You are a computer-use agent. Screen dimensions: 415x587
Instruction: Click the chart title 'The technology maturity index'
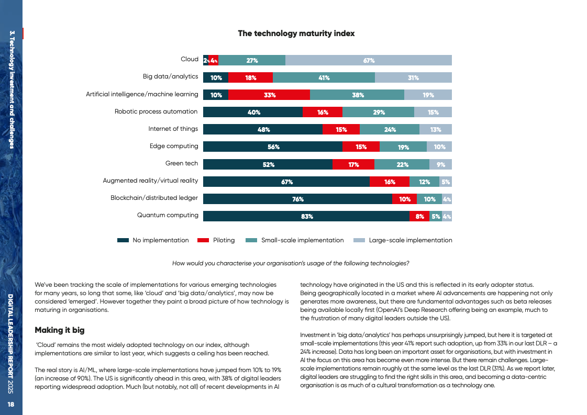click(x=296, y=33)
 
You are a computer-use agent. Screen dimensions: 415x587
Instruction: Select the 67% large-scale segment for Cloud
click(x=369, y=60)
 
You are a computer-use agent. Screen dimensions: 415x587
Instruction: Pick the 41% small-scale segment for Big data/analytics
click(x=324, y=78)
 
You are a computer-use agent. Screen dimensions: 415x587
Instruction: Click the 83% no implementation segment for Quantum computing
click(x=306, y=216)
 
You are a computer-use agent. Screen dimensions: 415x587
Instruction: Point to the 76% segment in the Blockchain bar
click(x=297, y=199)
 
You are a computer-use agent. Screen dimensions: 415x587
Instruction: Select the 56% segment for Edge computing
click(x=273, y=147)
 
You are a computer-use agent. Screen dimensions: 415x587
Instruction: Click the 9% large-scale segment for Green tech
click(x=440, y=164)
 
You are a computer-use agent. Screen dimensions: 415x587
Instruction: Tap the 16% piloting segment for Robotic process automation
click(x=323, y=113)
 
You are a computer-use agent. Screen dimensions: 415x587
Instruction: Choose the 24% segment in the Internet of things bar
click(x=390, y=130)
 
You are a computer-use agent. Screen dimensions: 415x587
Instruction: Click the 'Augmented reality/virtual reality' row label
click(x=150, y=181)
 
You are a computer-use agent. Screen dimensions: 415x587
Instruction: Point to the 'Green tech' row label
click(x=182, y=163)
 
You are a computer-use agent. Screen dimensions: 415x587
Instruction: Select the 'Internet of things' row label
click(x=173, y=129)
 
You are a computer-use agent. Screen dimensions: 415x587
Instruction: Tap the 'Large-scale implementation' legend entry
click(x=403, y=240)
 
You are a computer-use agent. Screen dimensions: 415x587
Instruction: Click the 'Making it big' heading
click(x=59, y=330)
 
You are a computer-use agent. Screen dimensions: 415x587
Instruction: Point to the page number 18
click(x=11, y=405)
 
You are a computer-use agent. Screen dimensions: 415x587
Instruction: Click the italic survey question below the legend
click(x=291, y=263)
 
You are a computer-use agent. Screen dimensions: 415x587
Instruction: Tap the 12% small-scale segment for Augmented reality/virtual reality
click(x=424, y=182)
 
